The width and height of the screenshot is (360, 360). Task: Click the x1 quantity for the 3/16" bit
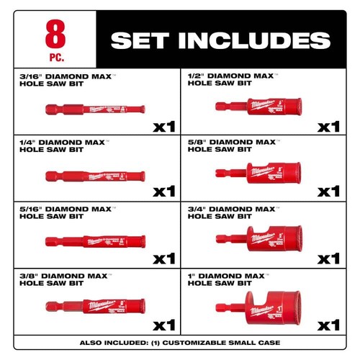[164, 127]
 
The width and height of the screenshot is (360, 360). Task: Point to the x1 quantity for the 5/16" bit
[164, 257]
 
